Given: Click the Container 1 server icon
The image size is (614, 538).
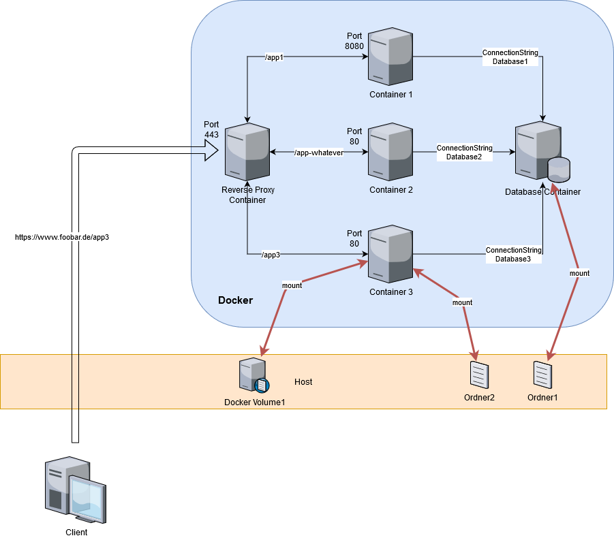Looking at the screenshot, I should [x=391, y=56].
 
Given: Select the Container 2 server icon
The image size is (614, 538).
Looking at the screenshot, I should [x=391, y=151].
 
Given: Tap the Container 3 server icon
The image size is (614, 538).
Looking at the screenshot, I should [x=391, y=254].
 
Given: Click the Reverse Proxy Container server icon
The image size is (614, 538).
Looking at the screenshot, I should [x=247, y=151].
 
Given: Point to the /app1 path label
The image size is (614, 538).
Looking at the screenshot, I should [x=274, y=57].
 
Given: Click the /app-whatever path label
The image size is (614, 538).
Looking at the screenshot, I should [x=318, y=153].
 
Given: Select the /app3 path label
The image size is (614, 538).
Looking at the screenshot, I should [x=271, y=255].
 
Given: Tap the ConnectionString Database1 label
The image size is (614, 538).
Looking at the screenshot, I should [x=510, y=57].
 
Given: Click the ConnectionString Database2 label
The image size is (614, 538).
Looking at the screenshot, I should [x=464, y=153].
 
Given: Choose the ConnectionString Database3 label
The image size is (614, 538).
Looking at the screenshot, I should [x=513, y=255].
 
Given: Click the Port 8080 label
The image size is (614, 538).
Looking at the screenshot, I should [x=354, y=40].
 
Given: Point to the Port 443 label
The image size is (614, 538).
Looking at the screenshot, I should [x=211, y=129].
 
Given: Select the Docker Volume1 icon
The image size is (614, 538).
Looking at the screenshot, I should [x=253, y=376].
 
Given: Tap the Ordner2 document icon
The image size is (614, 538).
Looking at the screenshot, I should [x=479, y=375].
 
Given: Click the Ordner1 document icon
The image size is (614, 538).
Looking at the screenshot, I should [x=542, y=374].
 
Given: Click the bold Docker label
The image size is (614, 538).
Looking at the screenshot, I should [x=235, y=300].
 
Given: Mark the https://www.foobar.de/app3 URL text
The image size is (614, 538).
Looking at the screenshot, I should [x=62, y=237].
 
